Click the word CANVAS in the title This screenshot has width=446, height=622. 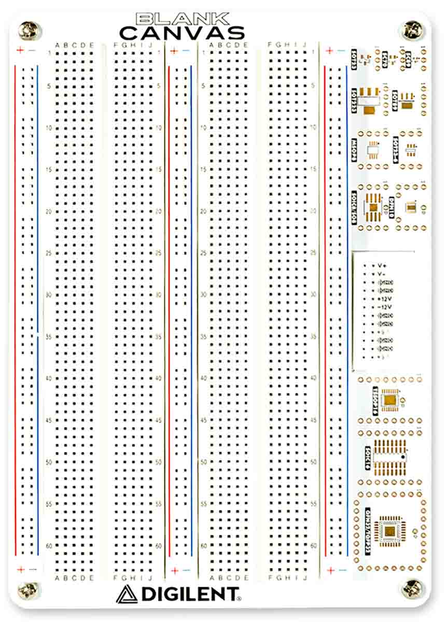[x=182, y=33]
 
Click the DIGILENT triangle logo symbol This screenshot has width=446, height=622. [x=127, y=594]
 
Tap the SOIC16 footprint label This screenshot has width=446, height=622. [x=367, y=458]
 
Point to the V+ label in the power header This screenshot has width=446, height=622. [x=383, y=265]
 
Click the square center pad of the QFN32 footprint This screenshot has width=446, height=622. [x=388, y=530]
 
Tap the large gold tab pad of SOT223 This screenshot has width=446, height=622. [x=369, y=110]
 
